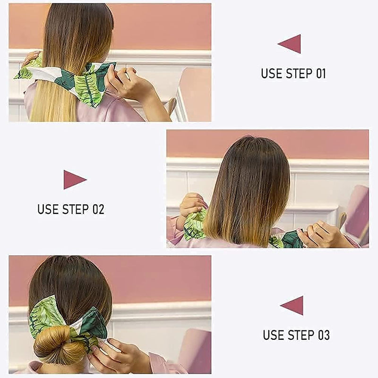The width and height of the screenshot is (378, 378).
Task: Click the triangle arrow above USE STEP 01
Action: coord(291,44)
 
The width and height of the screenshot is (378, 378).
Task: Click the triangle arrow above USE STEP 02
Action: coord(74,180)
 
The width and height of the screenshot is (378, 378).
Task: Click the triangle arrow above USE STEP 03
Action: coord(293,305)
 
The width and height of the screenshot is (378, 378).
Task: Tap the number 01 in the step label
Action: coord(319,74)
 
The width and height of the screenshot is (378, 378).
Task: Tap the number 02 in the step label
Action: coord(98,209)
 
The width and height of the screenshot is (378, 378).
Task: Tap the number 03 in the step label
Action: coord(323,335)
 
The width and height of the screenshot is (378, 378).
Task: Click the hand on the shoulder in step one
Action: coord(31,58)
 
